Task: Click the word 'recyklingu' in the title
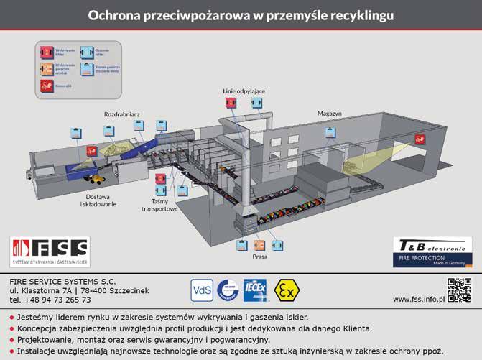[359, 14]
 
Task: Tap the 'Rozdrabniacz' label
[121, 115]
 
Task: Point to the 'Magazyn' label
[330, 114]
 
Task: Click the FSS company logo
[50, 253]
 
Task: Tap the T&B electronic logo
[432, 253]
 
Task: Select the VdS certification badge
[202, 290]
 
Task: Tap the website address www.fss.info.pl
[418, 298]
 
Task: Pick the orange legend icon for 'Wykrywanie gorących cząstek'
[46, 69]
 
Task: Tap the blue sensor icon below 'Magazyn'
[330, 132]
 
